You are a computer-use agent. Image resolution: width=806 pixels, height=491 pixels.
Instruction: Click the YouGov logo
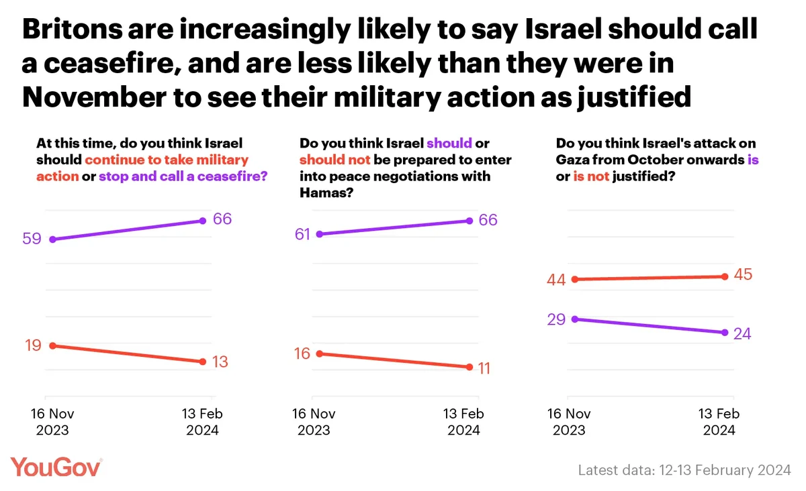tap(56, 467)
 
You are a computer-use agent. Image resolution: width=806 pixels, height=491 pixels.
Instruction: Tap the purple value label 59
tap(33, 238)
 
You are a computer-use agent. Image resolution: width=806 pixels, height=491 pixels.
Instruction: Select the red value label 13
tap(219, 362)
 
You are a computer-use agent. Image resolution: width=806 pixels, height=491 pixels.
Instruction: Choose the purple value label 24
tap(742, 333)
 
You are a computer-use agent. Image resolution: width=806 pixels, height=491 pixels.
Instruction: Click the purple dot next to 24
tap(725, 333)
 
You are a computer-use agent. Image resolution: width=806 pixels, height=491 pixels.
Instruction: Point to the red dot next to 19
tap(52, 345)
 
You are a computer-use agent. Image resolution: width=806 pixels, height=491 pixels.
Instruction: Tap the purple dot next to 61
tap(320, 234)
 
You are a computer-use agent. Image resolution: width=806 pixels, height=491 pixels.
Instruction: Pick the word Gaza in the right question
tap(571, 160)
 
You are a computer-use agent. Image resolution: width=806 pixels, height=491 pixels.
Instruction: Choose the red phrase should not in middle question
tap(330, 160)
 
